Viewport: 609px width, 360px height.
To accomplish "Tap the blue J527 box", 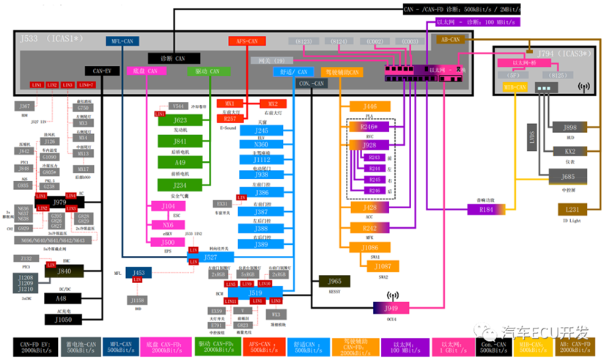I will (211, 257).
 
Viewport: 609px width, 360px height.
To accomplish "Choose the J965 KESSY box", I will (334, 281).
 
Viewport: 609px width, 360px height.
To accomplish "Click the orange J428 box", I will (369, 207).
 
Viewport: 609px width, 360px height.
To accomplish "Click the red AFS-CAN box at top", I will (246, 41).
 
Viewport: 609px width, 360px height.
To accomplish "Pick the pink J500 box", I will (168, 242).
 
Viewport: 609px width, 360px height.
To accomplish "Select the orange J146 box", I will (369, 107).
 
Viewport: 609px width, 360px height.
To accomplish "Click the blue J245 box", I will (262, 131).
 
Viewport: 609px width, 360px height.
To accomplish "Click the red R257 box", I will (229, 118).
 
